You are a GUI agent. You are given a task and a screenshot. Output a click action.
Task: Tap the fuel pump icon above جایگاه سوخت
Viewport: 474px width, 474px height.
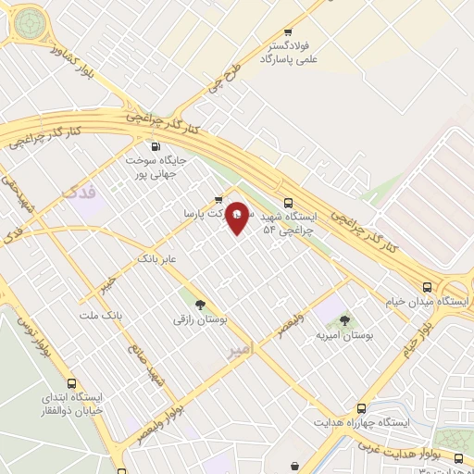click(155, 145)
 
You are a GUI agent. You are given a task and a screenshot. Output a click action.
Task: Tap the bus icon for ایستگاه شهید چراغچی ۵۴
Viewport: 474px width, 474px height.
click(288, 203)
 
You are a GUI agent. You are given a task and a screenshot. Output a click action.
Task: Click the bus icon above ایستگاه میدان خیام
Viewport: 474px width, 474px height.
click(426, 288)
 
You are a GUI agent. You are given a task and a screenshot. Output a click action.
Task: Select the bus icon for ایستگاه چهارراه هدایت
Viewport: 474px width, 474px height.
click(361, 408)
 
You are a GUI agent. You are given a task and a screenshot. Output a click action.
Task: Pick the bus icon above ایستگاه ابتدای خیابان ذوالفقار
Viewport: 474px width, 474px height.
click(72, 383)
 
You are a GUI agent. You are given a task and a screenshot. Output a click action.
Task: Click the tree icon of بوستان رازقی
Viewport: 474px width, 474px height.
click(199, 305)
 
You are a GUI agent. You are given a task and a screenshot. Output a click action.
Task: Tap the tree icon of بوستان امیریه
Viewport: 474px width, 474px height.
click(344, 320)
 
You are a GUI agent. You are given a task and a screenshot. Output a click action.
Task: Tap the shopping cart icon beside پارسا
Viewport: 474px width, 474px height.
click(218, 198)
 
